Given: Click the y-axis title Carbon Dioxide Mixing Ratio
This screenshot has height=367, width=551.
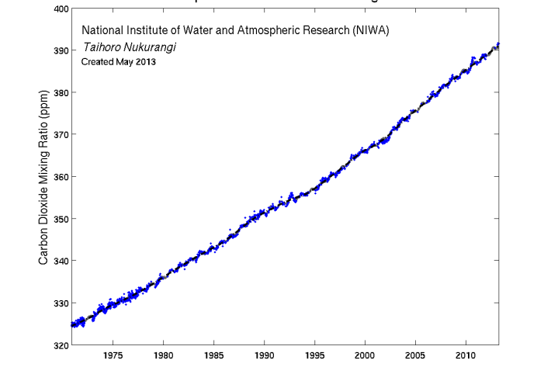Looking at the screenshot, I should click(44, 176).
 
